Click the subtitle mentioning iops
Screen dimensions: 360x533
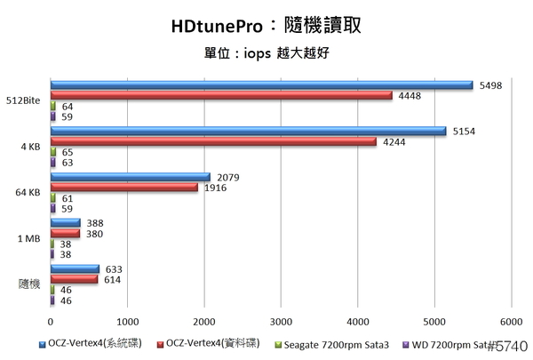[x=266, y=52]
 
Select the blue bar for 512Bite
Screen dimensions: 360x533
[x=261, y=85]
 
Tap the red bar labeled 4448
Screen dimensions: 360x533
[x=221, y=96]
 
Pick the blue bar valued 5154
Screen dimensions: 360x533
[x=248, y=132]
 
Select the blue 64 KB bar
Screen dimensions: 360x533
[x=130, y=178]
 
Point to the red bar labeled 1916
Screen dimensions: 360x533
[x=123, y=188]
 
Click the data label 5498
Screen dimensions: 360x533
[x=489, y=85]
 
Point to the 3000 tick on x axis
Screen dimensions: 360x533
[x=281, y=320]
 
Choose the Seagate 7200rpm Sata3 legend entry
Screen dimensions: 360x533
[x=327, y=343]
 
